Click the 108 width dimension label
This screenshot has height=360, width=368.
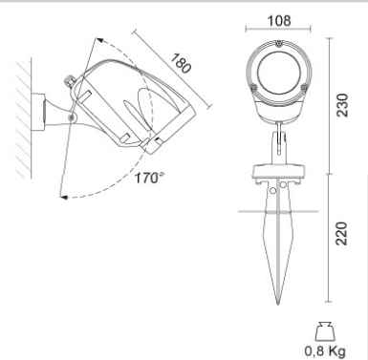[279, 20]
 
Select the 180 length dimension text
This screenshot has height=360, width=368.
[182, 63]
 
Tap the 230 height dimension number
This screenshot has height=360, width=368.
[342, 105]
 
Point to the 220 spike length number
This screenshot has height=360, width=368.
[342, 233]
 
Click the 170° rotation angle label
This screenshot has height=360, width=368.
[150, 178]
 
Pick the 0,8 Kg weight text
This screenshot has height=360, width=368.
[325, 351]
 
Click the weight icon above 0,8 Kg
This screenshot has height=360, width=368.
[325, 331]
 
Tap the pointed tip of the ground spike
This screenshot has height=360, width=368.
[278, 304]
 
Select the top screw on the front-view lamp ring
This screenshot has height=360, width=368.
[279, 44]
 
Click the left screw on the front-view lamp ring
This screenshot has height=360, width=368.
[253, 87]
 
